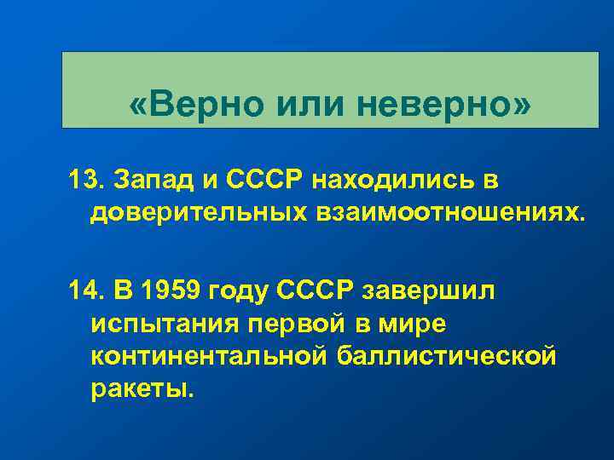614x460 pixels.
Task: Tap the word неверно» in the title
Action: pyautogui.click(x=443, y=106)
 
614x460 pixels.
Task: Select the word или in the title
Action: pyautogui.click(x=311, y=106)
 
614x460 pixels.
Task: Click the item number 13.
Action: pyautogui.click(x=84, y=181)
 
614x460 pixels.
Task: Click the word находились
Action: pyautogui.click(x=396, y=181)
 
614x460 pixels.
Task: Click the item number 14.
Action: pyautogui.click(x=84, y=291)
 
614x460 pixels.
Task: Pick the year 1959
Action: pyautogui.click(x=165, y=291)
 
